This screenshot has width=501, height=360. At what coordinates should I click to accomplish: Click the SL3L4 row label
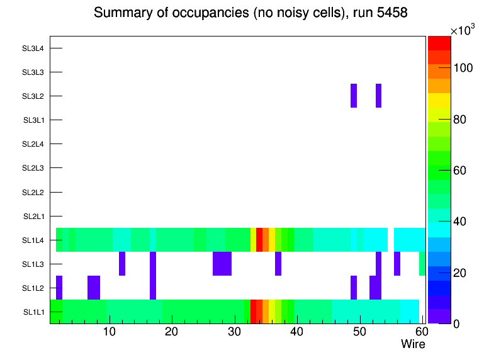[x=33, y=48]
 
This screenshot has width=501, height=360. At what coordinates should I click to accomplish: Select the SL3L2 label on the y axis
[x=33, y=96]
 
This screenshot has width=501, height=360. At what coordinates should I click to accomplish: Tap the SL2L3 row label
[x=33, y=168]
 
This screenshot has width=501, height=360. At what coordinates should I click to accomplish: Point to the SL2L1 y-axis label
[x=33, y=216]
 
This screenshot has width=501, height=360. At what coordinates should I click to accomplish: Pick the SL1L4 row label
[x=33, y=240]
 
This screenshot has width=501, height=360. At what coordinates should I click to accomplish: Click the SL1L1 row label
[x=33, y=312]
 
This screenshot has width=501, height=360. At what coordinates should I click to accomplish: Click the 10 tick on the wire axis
[x=110, y=332]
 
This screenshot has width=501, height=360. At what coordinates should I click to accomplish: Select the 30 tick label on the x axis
[x=234, y=332]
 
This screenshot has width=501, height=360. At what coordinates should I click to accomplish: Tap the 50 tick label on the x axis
[x=359, y=332]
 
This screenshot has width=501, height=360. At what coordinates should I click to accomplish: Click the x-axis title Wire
[x=413, y=344]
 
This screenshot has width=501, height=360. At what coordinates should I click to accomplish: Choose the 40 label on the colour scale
[x=464, y=222]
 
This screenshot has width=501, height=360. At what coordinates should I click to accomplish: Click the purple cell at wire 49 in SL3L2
[x=354, y=96]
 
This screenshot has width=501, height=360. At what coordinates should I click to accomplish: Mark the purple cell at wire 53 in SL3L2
[x=379, y=96]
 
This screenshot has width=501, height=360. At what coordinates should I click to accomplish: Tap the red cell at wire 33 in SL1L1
[x=254, y=312]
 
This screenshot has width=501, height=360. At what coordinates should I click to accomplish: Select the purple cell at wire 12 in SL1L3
[x=122, y=264]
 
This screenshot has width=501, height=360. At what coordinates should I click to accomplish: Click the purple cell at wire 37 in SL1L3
[x=278, y=264]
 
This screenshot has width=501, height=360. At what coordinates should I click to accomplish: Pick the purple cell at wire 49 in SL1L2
[x=354, y=288]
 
